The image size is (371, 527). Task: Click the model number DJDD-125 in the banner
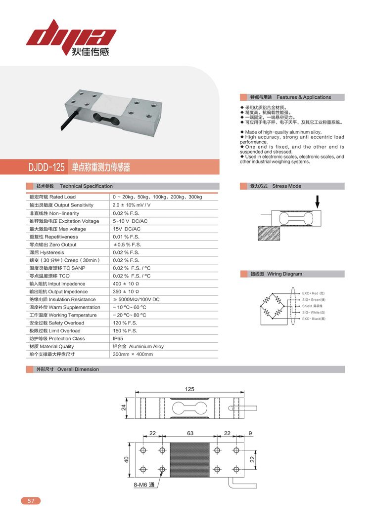tap(46, 167)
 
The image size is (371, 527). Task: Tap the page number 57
tap(31, 501)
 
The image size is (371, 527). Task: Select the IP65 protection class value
tap(118, 339)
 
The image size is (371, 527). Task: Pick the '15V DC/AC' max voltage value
tap(127, 229)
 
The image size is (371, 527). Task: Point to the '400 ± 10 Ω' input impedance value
tap(127, 284)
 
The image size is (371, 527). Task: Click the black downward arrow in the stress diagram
tap(317, 201)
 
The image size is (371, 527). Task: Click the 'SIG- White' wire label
tap(314, 313)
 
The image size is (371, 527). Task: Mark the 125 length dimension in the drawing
tap(189, 389)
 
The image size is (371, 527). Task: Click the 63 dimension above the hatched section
tap(189, 433)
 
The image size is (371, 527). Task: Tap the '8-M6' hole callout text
tap(144, 485)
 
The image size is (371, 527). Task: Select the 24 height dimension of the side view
tap(124, 407)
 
